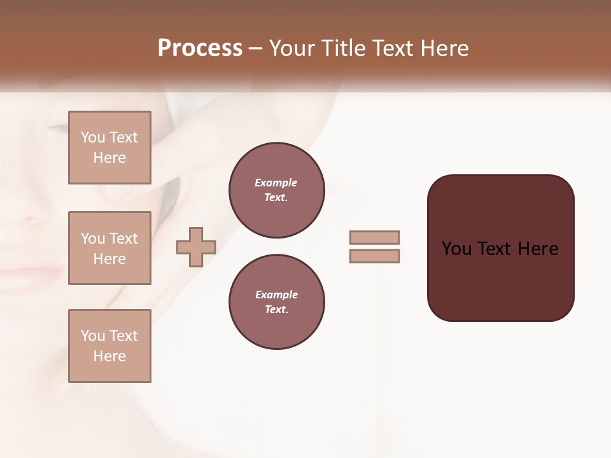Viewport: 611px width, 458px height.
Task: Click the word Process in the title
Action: (200, 48)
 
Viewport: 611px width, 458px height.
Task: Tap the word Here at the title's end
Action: (443, 48)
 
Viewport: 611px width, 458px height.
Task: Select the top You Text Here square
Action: (109, 148)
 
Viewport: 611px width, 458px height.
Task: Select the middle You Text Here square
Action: (109, 248)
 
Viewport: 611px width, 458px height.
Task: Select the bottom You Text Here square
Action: (109, 346)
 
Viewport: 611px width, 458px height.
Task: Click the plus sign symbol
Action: (196, 246)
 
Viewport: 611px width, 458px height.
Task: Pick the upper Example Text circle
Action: (276, 190)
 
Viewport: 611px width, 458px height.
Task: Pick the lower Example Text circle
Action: (276, 302)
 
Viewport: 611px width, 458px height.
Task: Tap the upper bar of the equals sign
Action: (374, 237)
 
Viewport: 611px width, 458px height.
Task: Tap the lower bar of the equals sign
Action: (374, 256)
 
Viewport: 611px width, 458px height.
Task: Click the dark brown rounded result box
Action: (500, 280)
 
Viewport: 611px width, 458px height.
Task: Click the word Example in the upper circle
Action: (276, 183)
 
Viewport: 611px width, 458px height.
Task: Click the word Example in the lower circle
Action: (276, 295)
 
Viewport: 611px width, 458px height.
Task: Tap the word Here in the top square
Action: (109, 158)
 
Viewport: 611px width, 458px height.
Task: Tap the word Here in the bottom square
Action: (109, 356)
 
